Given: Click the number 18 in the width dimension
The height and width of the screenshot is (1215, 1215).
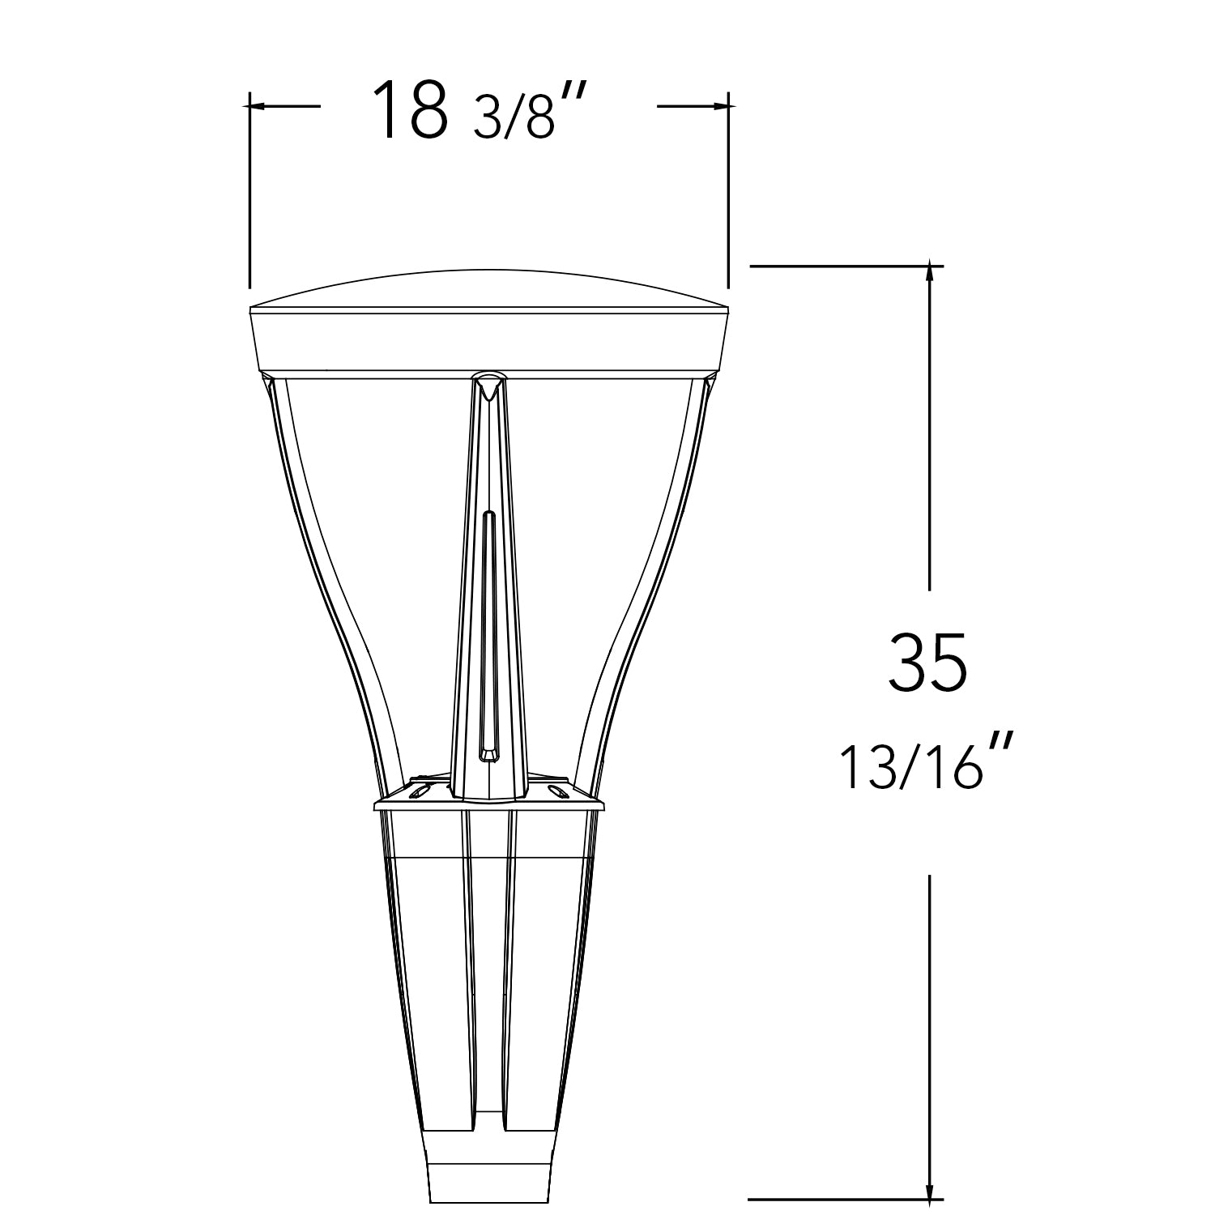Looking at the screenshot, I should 409,110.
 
